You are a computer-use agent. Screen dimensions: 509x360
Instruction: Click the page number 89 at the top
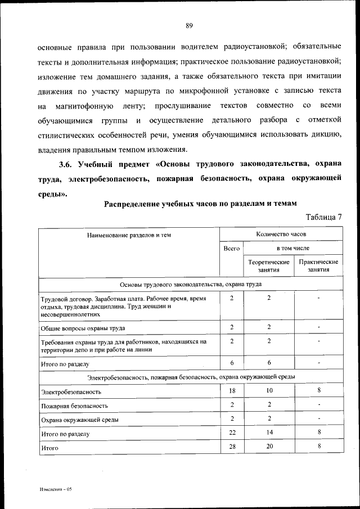click(189, 25)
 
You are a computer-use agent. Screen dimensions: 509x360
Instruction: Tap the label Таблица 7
click(324, 217)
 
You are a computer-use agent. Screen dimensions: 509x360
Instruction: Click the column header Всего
click(232, 248)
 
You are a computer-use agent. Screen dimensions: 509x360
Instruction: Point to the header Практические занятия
click(318, 266)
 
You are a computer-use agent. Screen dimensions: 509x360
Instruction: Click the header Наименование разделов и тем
click(128, 235)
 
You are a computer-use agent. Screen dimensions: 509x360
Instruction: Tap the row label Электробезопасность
click(71, 391)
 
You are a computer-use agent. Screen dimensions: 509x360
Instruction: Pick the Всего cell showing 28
click(232, 446)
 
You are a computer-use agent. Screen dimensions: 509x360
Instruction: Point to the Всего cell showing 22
click(232, 432)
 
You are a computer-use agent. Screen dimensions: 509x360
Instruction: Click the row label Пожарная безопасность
click(74, 406)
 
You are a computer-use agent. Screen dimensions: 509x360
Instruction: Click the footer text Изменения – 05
click(56, 489)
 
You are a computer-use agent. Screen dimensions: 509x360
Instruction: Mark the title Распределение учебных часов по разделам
click(200, 204)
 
